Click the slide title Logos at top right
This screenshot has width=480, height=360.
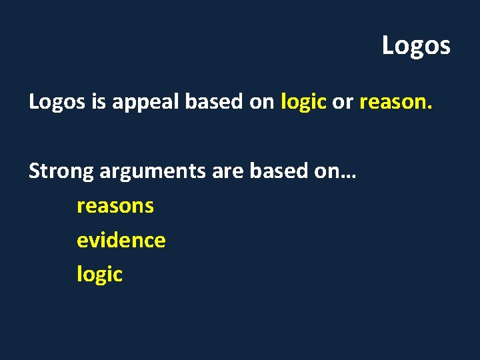(416, 46)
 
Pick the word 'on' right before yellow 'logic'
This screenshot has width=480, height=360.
(263, 102)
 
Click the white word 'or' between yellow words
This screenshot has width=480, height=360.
(342, 102)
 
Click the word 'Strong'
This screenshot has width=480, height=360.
(61, 172)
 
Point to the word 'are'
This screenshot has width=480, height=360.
(228, 172)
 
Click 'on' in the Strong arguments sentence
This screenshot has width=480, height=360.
(327, 171)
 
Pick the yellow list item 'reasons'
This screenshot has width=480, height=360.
(115, 206)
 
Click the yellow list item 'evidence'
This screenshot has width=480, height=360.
(121, 240)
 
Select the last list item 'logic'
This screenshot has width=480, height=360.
(99, 275)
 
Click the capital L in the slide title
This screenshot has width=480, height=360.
(388, 46)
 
